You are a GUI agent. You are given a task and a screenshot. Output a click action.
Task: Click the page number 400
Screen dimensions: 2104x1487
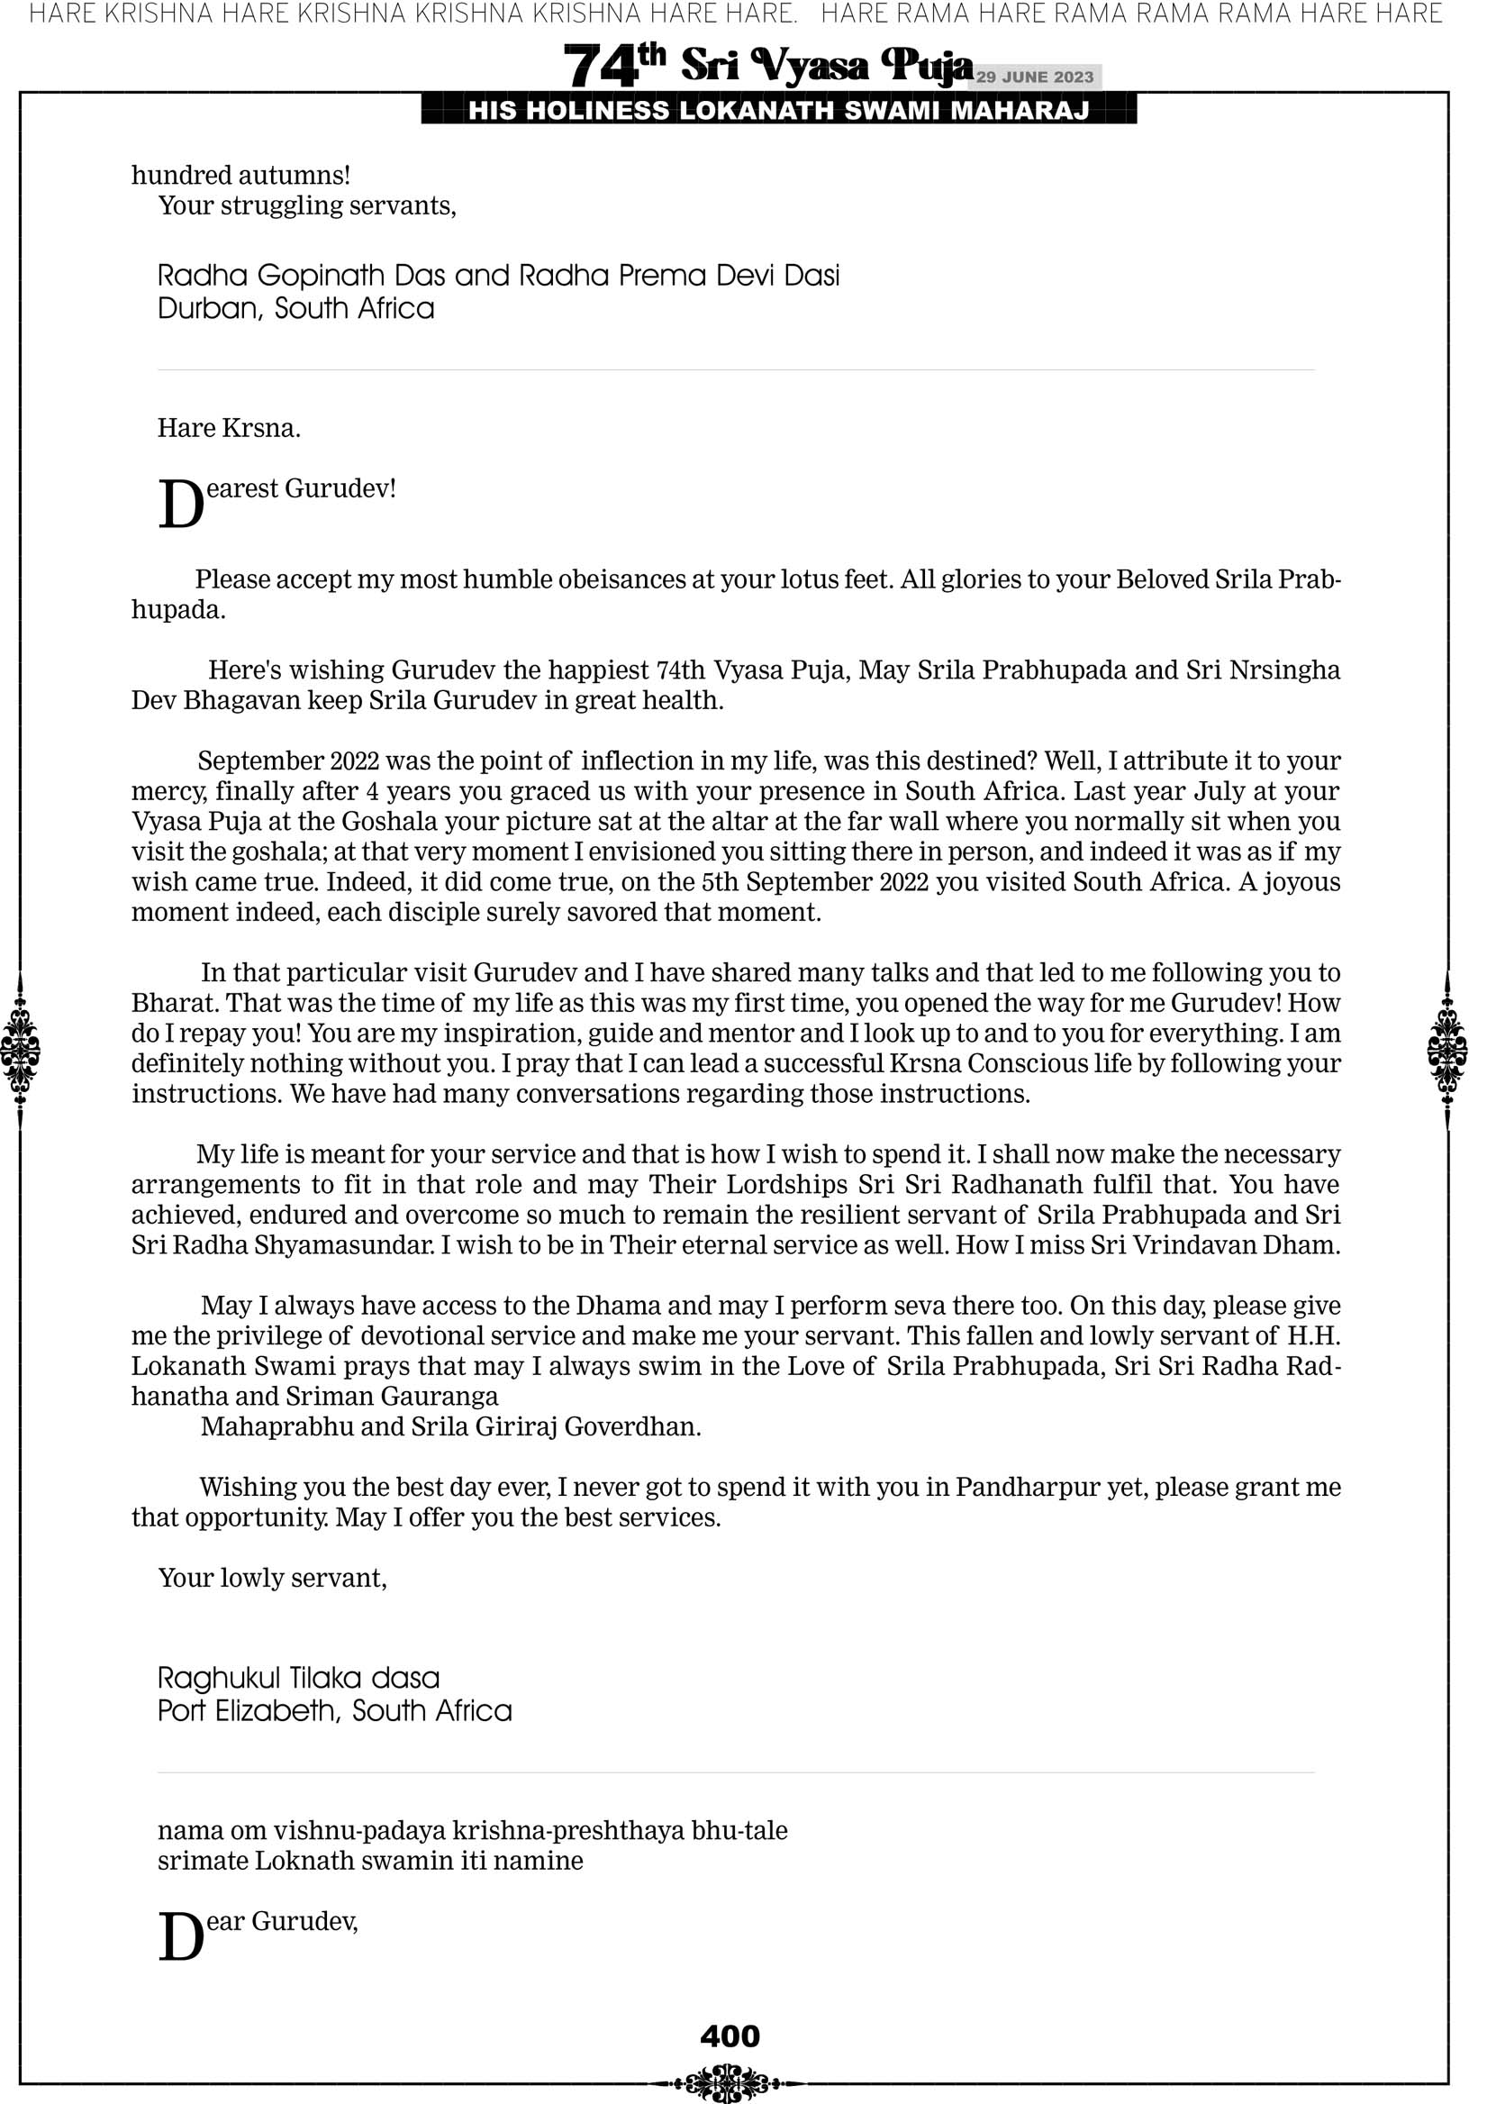click(x=730, y=2036)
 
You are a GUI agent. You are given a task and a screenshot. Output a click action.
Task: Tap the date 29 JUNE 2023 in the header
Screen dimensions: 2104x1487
click(x=1034, y=77)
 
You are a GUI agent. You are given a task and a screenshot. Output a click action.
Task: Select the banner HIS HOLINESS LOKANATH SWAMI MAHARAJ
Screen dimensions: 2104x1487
click(x=779, y=111)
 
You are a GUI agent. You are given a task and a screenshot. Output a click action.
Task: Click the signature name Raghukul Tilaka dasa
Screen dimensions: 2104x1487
click(x=299, y=1678)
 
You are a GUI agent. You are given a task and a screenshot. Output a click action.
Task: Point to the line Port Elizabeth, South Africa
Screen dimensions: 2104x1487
click(x=334, y=1710)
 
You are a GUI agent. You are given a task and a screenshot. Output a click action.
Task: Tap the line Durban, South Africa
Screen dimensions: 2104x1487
click(x=296, y=308)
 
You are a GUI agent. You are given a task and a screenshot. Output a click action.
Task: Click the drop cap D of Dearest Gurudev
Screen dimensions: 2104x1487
click(x=180, y=505)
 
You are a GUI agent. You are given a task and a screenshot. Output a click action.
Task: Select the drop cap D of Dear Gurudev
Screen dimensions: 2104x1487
click(x=180, y=1938)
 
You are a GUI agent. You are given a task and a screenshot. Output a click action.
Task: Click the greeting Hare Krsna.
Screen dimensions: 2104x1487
click(x=229, y=428)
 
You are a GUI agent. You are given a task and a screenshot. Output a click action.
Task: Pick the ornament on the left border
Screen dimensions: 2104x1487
click(x=20, y=1050)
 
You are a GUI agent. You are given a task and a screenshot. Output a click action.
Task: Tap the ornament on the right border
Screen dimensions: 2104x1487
click(x=1447, y=1050)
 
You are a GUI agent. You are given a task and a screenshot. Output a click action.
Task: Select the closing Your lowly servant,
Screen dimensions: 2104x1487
click(x=272, y=1577)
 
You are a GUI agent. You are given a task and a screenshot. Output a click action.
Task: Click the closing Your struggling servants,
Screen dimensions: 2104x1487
click(x=307, y=205)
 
